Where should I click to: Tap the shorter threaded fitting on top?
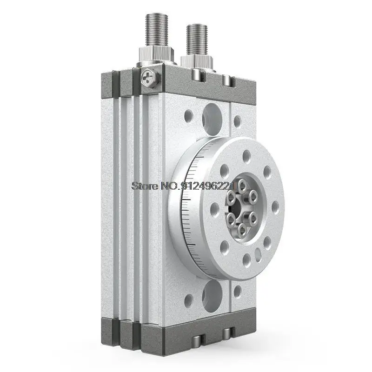point(195,40)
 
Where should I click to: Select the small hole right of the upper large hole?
point(237,121)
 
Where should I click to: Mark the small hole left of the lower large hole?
point(188,301)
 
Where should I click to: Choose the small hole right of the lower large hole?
point(237,291)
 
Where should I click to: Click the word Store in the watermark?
point(146,186)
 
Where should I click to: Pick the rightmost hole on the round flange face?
point(275,207)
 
